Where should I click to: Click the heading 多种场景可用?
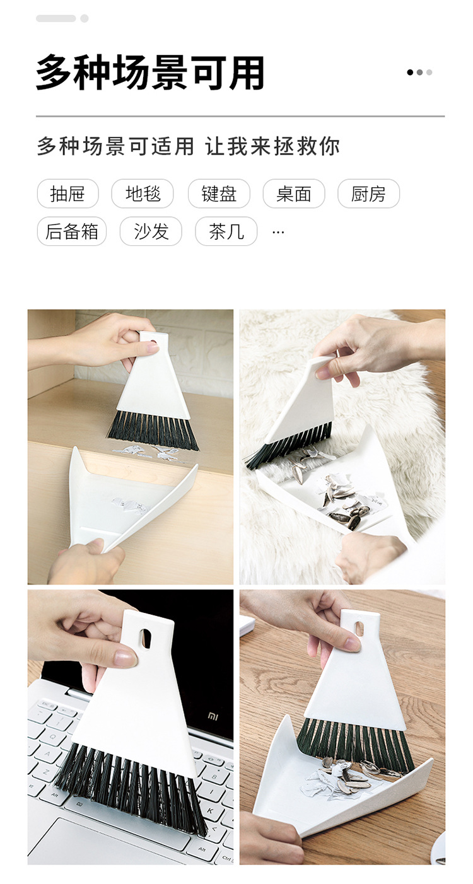pyautogui.click(x=150, y=73)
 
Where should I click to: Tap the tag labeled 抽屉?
pyautogui.click(x=67, y=194)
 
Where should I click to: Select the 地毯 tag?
pyautogui.click(x=143, y=194)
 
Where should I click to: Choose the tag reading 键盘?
pyautogui.click(x=219, y=194)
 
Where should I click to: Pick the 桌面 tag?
pyautogui.click(x=294, y=194)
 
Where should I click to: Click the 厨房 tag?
pyautogui.click(x=368, y=194)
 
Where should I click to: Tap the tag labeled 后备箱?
pyautogui.click(x=71, y=231)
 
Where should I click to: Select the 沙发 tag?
pyautogui.click(x=151, y=231)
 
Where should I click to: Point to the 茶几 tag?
pyautogui.click(x=226, y=231)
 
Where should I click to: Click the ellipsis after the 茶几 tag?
pyautogui.click(x=278, y=232)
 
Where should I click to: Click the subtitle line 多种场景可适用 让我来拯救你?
pyautogui.click(x=188, y=146)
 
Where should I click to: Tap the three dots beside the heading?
pyautogui.click(x=419, y=73)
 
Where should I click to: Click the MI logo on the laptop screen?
pyautogui.click(x=214, y=716)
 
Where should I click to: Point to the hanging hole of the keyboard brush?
pyautogui.click(x=146, y=638)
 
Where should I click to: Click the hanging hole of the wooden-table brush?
pyautogui.click(x=359, y=629)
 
